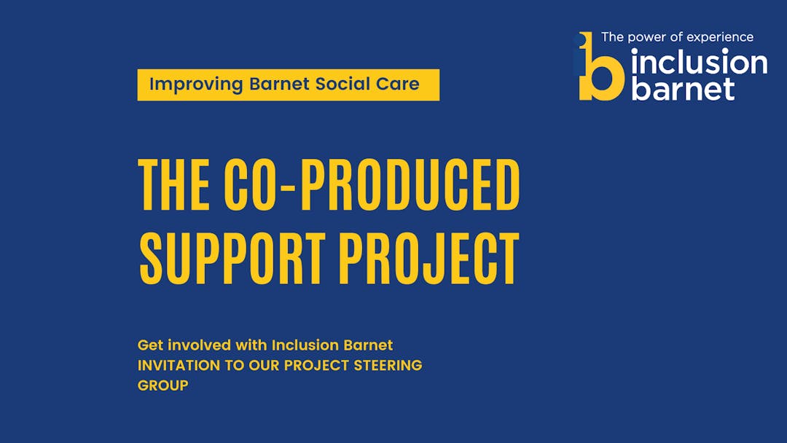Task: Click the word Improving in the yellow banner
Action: [x=196, y=85]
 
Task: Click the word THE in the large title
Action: [x=174, y=184]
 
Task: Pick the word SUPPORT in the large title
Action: [x=232, y=259]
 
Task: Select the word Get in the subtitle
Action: [x=150, y=345]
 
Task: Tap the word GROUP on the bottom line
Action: [x=163, y=385]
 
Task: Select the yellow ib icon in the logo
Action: [x=600, y=66]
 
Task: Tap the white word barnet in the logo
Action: [x=683, y=87]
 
